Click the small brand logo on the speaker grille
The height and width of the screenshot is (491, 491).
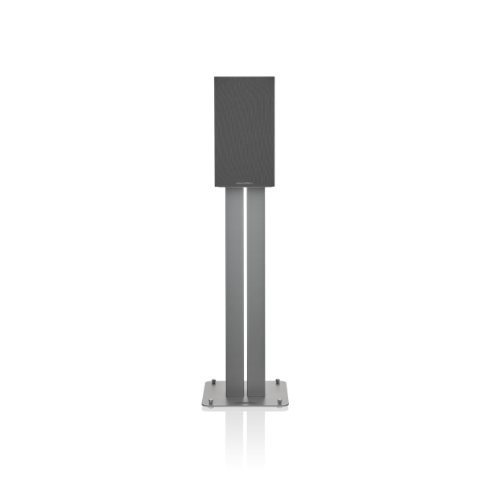245,181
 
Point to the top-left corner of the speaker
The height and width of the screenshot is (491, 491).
214,76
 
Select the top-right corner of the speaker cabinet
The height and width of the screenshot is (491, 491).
274,76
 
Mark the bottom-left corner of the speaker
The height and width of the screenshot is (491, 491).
214,186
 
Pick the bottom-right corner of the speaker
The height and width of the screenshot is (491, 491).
274,186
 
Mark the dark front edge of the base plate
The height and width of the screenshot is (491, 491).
245,409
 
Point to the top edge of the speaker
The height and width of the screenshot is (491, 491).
244,76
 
